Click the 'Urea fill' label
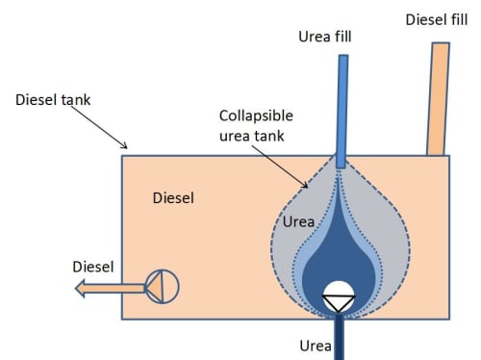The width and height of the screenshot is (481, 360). (325, 37)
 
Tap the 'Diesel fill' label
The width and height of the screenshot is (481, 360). (437, 19)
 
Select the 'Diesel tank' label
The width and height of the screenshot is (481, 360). (53, 100)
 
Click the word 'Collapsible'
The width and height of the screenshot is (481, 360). (256, 116)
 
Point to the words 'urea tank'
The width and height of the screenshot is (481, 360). (252, 136)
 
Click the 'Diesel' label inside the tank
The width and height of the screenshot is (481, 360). (173, 198)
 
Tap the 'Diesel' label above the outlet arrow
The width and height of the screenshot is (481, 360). (93, 267)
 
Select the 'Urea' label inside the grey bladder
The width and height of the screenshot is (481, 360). (298, 221)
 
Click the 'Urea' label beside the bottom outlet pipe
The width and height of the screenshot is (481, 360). (316, 346)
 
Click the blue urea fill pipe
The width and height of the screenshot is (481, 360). (342, 112)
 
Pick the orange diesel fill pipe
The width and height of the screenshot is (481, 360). (438, 99)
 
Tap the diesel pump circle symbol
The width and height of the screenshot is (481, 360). (163, 287)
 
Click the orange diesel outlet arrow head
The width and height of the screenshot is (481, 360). (80, 288)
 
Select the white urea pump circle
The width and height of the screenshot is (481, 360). (339, 296)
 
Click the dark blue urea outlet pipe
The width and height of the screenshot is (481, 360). (339, 337)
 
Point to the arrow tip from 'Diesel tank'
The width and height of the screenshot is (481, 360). (127, 148)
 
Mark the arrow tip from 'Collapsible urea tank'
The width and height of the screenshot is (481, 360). (307, 188)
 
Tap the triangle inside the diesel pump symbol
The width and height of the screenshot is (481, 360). (155, 287)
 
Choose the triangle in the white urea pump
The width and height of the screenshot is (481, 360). (339, 301)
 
